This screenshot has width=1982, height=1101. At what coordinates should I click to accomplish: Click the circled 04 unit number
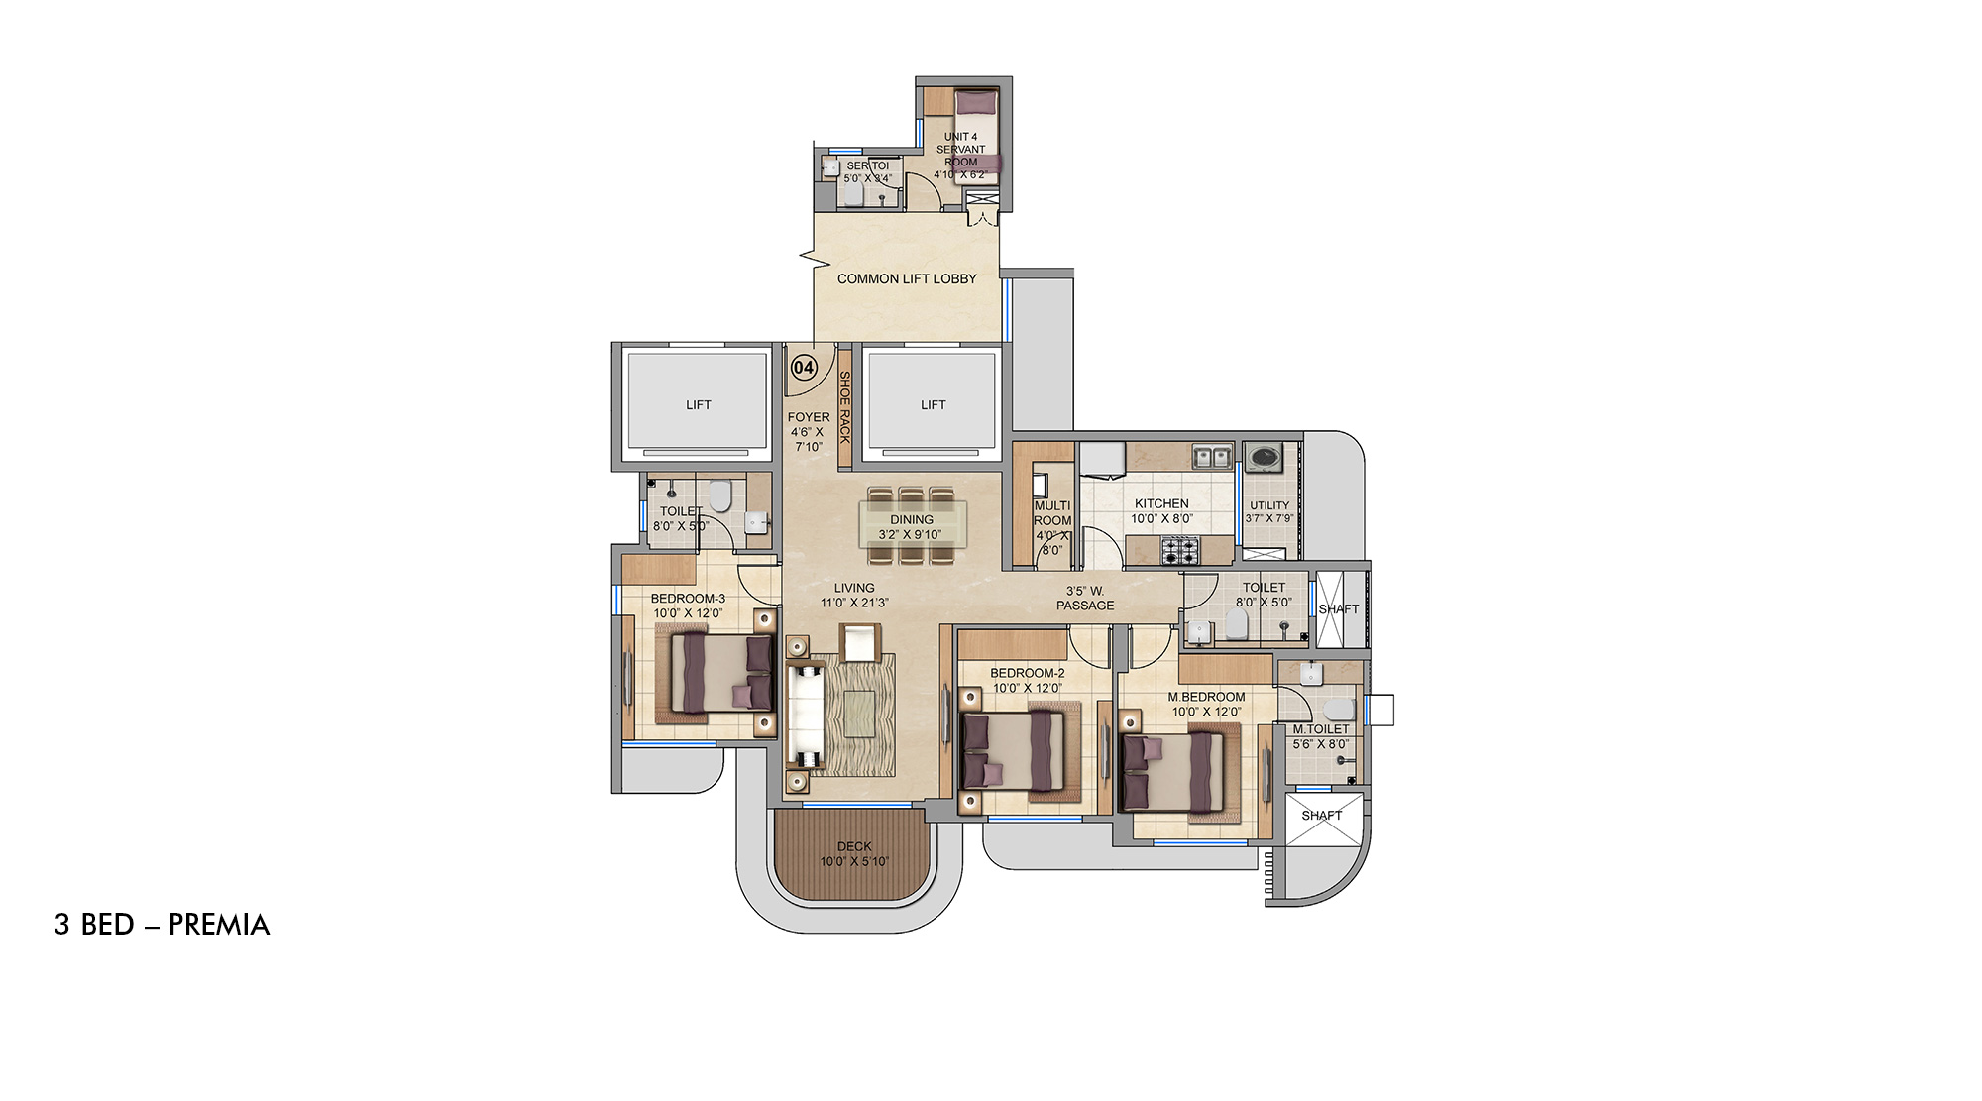pos(804,368)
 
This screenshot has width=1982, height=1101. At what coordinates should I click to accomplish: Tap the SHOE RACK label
pos(845,406)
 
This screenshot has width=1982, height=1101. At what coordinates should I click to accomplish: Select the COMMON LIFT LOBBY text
pos(907,278)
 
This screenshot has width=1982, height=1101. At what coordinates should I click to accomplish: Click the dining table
pos(912,524)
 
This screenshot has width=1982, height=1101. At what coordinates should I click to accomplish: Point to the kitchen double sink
pos(1212,457)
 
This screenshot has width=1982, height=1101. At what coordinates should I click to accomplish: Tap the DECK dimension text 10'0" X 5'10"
pos(854,861)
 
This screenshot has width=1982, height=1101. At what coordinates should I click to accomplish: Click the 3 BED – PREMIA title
pos(162,925)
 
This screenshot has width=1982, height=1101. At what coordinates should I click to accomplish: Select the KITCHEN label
pos(1161,503)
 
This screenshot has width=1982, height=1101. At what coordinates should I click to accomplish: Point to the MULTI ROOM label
pos(1052,513)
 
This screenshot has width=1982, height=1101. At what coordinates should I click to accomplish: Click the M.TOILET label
pos(1320,729)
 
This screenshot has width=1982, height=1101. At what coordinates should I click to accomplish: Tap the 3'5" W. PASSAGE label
pos(1085,598)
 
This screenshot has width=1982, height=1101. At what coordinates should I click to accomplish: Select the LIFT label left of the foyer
pos(699,404)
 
